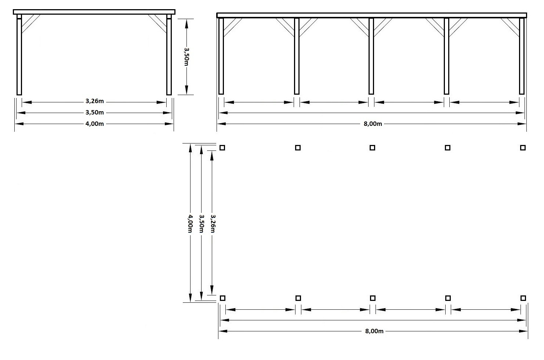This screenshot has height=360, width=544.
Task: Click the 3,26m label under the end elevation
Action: point(94,101)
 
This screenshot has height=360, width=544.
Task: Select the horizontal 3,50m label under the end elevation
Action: point(94,112)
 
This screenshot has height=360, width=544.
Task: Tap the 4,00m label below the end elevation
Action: point(94,124)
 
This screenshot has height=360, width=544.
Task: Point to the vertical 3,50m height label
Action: point(186,57)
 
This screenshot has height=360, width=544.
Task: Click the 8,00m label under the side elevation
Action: point(373,124)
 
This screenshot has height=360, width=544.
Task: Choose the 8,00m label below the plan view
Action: point(374,331)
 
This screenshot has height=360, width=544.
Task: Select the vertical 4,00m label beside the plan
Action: point(190,223)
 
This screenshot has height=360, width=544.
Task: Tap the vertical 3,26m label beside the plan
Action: point(213,223)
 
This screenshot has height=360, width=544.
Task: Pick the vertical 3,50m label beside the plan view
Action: point(201,223)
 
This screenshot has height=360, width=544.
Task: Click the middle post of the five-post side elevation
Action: point(371,56)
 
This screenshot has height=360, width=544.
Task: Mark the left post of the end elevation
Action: point(19,55)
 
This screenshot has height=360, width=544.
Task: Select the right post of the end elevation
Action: point(169,55)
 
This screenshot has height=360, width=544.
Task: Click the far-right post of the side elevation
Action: point(522,56)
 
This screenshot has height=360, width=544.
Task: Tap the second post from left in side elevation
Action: point(297,56)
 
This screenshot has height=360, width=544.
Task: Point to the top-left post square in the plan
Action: point(222,148)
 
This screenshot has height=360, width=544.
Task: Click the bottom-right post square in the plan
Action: point(523,298)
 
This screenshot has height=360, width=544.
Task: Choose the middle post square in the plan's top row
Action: point(372,148)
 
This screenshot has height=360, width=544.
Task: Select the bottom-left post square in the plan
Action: point(222,298)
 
